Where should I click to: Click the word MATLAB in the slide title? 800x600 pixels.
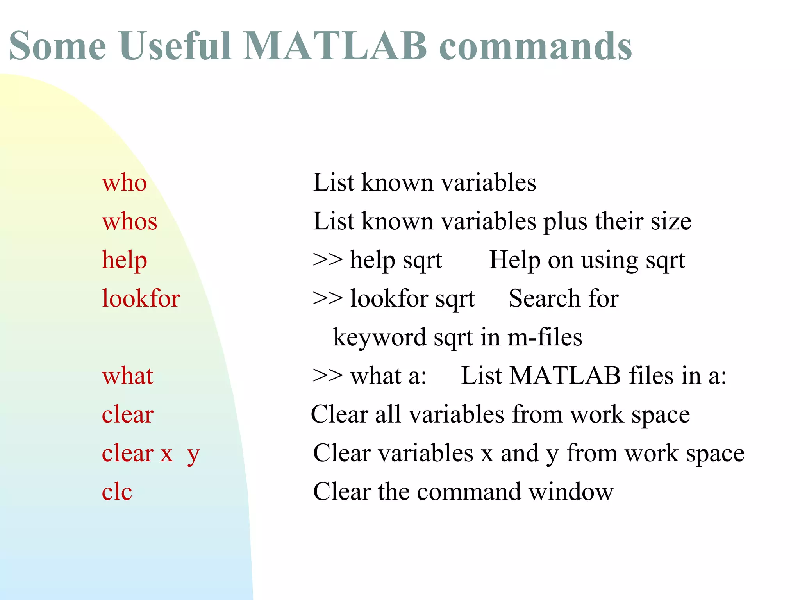pyautogui.click(x=335, y=46)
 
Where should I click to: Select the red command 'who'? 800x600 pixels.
pyautogui.click(x=124, y=183)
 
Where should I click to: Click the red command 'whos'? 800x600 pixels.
pyautogui.click(x=129, y=221)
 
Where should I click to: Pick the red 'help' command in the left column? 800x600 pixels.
pyautogui.click(x=124, y=260)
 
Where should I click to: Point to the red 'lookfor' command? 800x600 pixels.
pyautogui.click(x=141, y=299)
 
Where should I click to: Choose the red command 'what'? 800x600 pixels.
pyautogui.click(x=127, y=376)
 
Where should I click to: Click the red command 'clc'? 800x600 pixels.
pyautogui.click(x=117, y=492)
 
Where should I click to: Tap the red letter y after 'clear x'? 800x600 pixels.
pyautogui.click(x=193, y=455)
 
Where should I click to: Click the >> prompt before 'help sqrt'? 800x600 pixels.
pyautogui.click(x=327, y=259)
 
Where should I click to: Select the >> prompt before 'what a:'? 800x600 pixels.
pyautogui.click(x=327, y=375)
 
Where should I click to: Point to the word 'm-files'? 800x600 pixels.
pyautogui.click(x=545, y=337)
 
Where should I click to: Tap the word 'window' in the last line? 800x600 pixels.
pyautogui.click(x=571, y=492)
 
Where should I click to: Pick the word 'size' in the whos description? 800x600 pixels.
pyautogui.click(x=671, y=221)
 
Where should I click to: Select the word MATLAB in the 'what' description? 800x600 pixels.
pyautogui.click(x=565, y=376)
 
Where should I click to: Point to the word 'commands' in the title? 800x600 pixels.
pyautogui.click(x=535, y=46)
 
